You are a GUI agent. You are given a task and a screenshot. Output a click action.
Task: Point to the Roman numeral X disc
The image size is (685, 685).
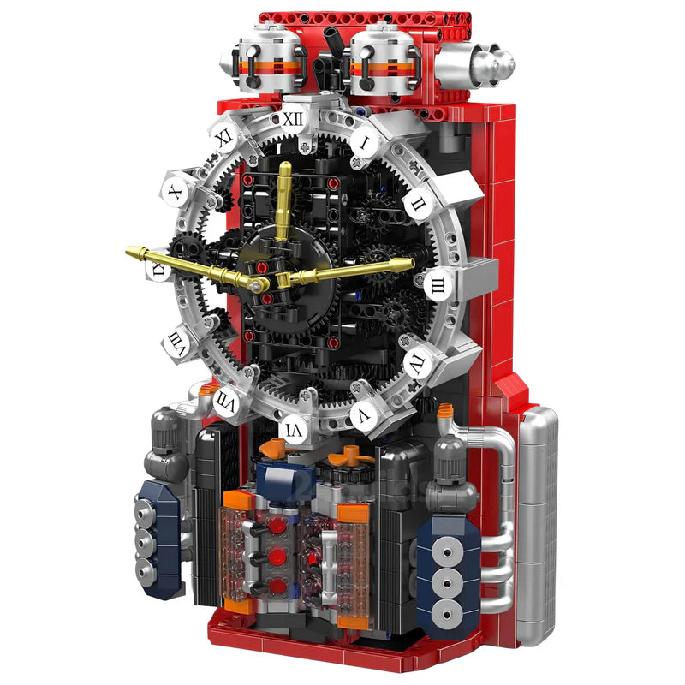click(176, 192)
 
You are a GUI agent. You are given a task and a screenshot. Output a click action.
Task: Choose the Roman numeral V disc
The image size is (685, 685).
click(364, 415)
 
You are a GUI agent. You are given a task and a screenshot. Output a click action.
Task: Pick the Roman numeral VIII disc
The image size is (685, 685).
click(177, 342)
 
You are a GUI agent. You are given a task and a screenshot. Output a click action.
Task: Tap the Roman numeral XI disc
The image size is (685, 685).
click(224, 137)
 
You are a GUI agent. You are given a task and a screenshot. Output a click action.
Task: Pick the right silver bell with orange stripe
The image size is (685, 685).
click(383, 60)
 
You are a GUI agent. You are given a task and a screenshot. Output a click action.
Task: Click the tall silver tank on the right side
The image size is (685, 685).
click(537, 522)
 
